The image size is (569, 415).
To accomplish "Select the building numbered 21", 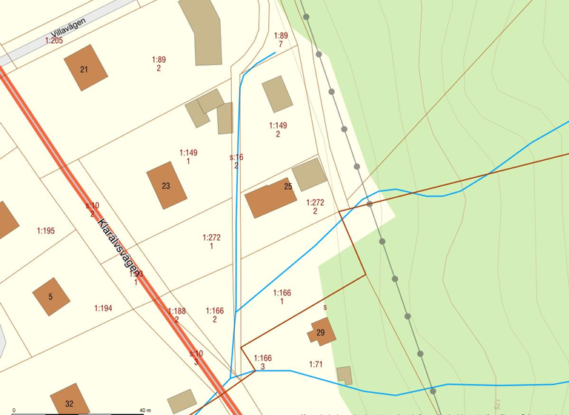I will (x=85, y=68).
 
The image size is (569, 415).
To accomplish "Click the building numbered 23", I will (x=166, y=185).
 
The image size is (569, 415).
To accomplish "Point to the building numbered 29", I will (x=321, y=333).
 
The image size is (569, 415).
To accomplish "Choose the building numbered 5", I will (x=51, y=296).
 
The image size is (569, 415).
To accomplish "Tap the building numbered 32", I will (x=69, y=401).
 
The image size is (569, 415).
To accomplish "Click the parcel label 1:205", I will (x=54, y=41).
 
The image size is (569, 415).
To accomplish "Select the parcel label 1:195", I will (x=46, y=231).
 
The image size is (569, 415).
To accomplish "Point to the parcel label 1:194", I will (x=103, y=308).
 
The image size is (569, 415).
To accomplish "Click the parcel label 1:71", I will (x=316, y=365).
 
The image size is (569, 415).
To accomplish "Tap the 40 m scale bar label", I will (x=144, y=410).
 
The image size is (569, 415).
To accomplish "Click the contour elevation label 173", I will (x=496, y=405).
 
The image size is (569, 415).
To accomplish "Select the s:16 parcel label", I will (x=236, y=158).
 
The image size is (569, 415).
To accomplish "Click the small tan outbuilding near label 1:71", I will (x=344, y=374).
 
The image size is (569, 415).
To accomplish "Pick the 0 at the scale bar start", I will (x=14, y=410).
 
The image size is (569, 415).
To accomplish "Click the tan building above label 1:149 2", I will (x=277, y=94).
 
